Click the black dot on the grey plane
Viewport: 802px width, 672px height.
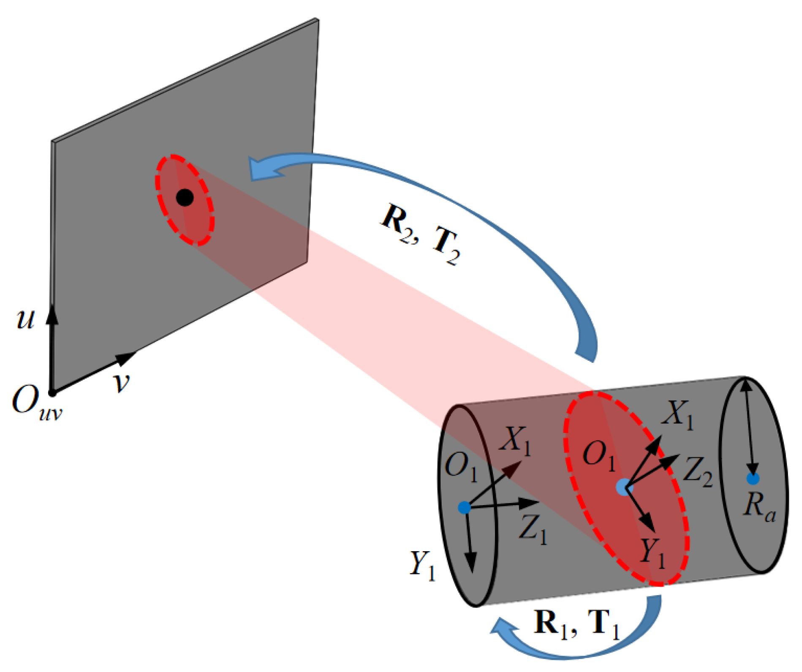point(185,197)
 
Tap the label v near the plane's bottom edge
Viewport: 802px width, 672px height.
point(122,382)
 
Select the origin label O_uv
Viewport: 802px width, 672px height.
point(36,403)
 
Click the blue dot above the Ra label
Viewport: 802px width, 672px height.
point(753,479)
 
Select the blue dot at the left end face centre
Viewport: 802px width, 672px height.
point(464,507)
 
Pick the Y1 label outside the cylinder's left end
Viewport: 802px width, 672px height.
point(422,566)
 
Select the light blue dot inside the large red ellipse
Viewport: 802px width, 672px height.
point(623,487)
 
